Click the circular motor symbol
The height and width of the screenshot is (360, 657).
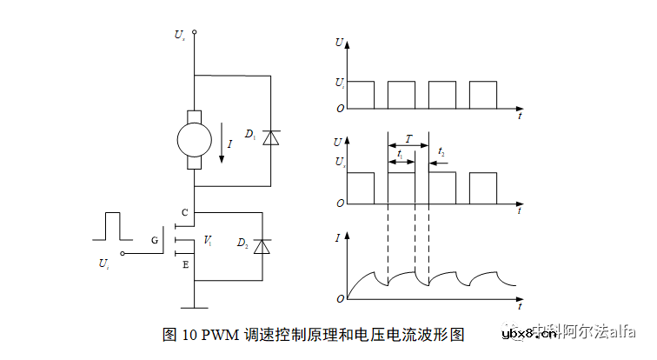coord(194,139)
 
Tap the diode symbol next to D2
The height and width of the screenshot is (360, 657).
coord(263,247)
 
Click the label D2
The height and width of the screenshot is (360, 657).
coord(242,244)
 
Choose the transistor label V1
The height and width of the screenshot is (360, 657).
coord(208,239)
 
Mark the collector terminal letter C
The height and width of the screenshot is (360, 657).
coord(184,212)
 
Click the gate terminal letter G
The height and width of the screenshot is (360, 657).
coord(155,239)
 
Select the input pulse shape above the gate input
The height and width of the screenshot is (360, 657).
coord(111,225)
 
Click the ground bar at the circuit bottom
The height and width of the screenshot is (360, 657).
coord(194,307)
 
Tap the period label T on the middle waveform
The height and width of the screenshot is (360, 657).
coord(408,137)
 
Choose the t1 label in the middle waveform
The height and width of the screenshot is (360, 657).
coord(399,153)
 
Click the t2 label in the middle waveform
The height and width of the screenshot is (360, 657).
coord(441,152)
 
